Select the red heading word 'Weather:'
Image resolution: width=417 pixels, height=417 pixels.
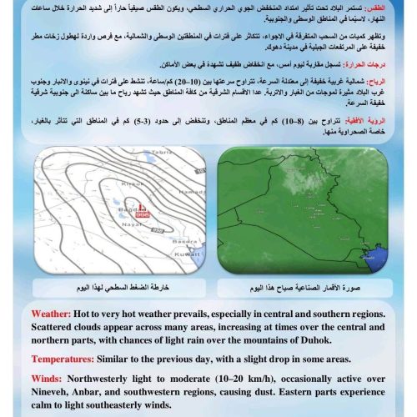[56, 314]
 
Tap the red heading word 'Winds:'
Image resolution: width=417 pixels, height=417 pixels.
[51, 377]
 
